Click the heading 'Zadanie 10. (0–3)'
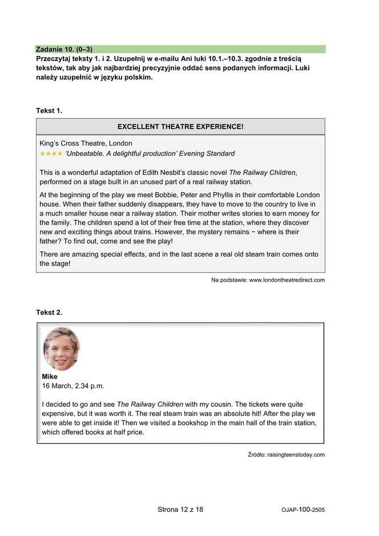click(64, 49)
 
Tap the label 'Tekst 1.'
click(49, 110)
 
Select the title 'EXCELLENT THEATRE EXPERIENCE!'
click(180, 126)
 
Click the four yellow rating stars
click(51, 154)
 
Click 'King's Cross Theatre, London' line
click(86, 143)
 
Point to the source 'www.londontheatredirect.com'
click(287, 280)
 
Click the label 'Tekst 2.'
click(49, 312)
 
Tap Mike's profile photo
click(61, 349)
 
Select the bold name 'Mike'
click(50, 377)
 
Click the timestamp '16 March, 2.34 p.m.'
click(73, 386)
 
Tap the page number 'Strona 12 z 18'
click(180, 509)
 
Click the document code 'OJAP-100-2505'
click(303, 510)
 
